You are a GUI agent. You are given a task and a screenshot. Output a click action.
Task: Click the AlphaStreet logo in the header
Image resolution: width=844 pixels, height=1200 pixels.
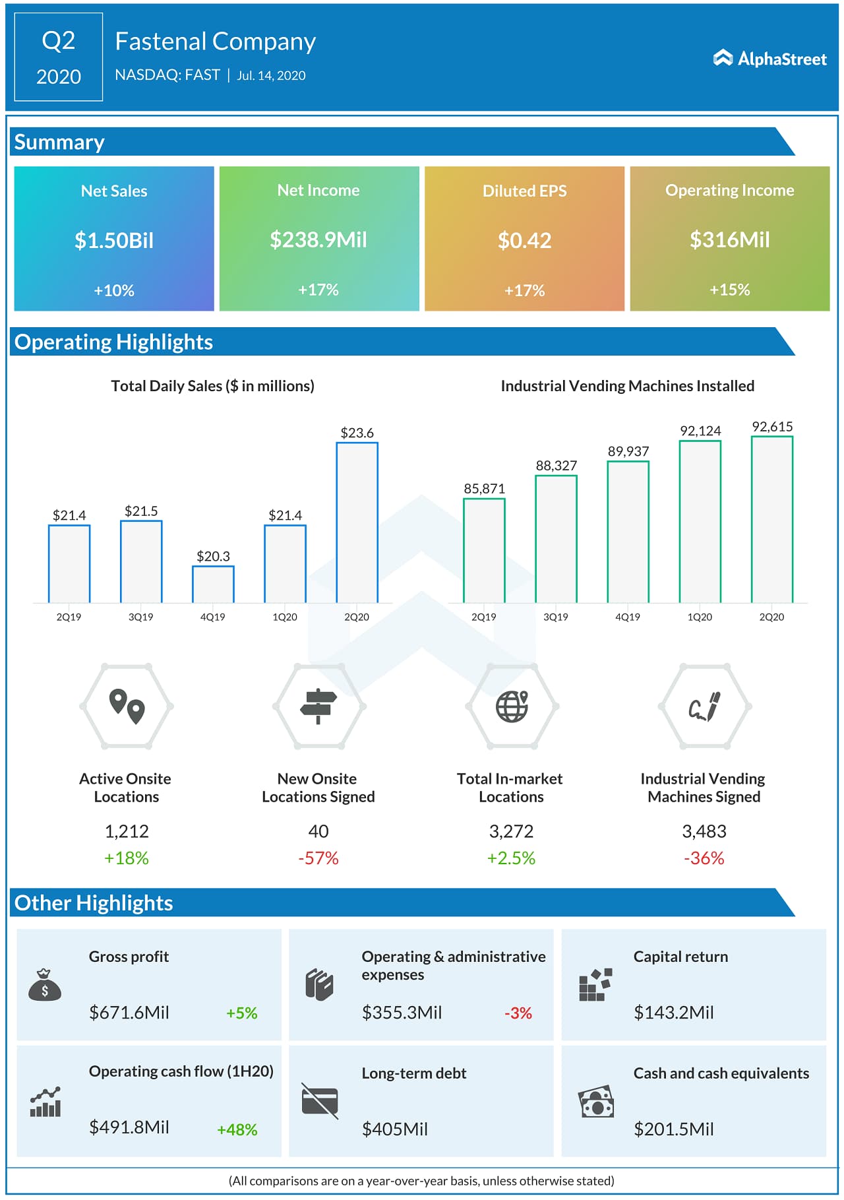coord(769,59)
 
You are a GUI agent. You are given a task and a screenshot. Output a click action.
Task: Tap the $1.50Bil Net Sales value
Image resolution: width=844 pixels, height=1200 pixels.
coord(114,241)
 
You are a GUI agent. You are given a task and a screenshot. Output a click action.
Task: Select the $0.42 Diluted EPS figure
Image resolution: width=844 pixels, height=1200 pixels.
coord(524,241)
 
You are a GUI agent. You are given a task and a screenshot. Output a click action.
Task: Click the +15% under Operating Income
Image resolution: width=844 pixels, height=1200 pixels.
coord(729,290)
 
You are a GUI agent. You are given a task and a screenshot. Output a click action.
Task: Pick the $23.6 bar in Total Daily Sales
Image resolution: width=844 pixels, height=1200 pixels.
coord(357,522)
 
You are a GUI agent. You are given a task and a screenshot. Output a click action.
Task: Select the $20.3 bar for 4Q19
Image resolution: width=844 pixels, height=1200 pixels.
coord(213,584)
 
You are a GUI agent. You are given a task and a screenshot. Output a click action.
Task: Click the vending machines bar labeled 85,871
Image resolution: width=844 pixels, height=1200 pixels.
coord(484,550)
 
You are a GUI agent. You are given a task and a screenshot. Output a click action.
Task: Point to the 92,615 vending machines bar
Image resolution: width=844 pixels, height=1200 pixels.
coord(771,519)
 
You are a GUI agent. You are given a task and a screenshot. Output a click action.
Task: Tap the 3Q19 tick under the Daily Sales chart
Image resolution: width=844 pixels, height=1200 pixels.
coord(140,617)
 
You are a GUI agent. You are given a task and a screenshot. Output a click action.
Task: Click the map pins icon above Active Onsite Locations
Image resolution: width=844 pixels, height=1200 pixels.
coord(127,707)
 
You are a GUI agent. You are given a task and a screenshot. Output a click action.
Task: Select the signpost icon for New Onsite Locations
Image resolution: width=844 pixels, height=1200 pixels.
coord(318,707)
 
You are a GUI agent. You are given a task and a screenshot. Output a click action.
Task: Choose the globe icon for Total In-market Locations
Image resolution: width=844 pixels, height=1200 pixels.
coord(512,707)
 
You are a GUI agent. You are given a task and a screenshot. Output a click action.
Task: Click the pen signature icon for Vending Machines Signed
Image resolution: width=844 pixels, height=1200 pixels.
coord(704,707)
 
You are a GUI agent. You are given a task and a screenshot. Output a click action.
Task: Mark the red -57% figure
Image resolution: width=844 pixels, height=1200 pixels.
coord(318,858)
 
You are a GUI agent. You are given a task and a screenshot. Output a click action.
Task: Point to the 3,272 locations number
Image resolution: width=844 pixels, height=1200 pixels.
coord(511,831)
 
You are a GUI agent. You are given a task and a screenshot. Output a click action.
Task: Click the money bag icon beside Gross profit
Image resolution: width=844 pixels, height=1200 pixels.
coord(45,985)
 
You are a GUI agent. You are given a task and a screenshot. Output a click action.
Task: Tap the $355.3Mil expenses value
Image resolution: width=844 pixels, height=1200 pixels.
coord(402,1013)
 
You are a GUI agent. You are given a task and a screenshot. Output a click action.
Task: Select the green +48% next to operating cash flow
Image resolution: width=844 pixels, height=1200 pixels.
coord(237,1129)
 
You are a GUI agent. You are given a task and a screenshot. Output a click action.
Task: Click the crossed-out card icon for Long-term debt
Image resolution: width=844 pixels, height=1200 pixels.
coord(320,1101)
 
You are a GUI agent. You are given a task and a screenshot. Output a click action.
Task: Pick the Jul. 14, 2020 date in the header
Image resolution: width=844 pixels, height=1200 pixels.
coord(271,76)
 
